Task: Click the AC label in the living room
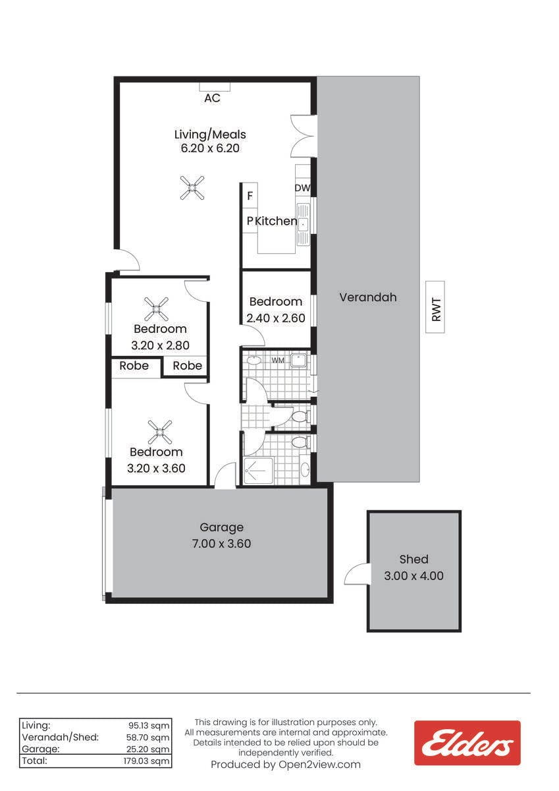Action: pyautogui.click(x=212, y=98)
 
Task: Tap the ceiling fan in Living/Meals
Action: pyautogui.click(x=192, y=188)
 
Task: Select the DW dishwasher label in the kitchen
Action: pyautogui.click(x=302, y=189)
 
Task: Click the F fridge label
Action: pyautogui.click(x=250, y=196)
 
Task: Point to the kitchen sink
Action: pyautogui.click(x=304, y=224)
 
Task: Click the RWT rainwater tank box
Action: pyautogui.click(x=435, y=307)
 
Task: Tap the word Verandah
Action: pyautogui.click(x=368, y=297)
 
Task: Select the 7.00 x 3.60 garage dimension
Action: pyautogui.click(x=221, y=543)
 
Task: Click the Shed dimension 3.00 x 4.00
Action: pyautogui.click(x=413, y=575)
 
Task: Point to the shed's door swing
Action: pyautogui.click(x=356, y=575)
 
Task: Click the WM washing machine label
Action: pyautogui.click(x=278, y=360)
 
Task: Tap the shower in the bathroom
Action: pyautogui.click(x=259, y=471)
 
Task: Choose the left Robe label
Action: pyautogui.click(x=134, y=365)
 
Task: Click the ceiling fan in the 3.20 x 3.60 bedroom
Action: pyautogui.click(x=160, y=432)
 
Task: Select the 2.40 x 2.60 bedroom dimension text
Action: pyautogui.click(x=276, y=318)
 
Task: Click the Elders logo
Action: pyautogui.click(x=467, y=743)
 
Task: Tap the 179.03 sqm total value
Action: pyautogui.click(x=146, y=761)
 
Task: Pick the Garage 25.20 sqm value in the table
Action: pyautogui.click(x=148, y=749)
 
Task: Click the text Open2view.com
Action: pyautogui.click(x=319, y=765)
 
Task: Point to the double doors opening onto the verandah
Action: pyautogui.click(x=304, y=136)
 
